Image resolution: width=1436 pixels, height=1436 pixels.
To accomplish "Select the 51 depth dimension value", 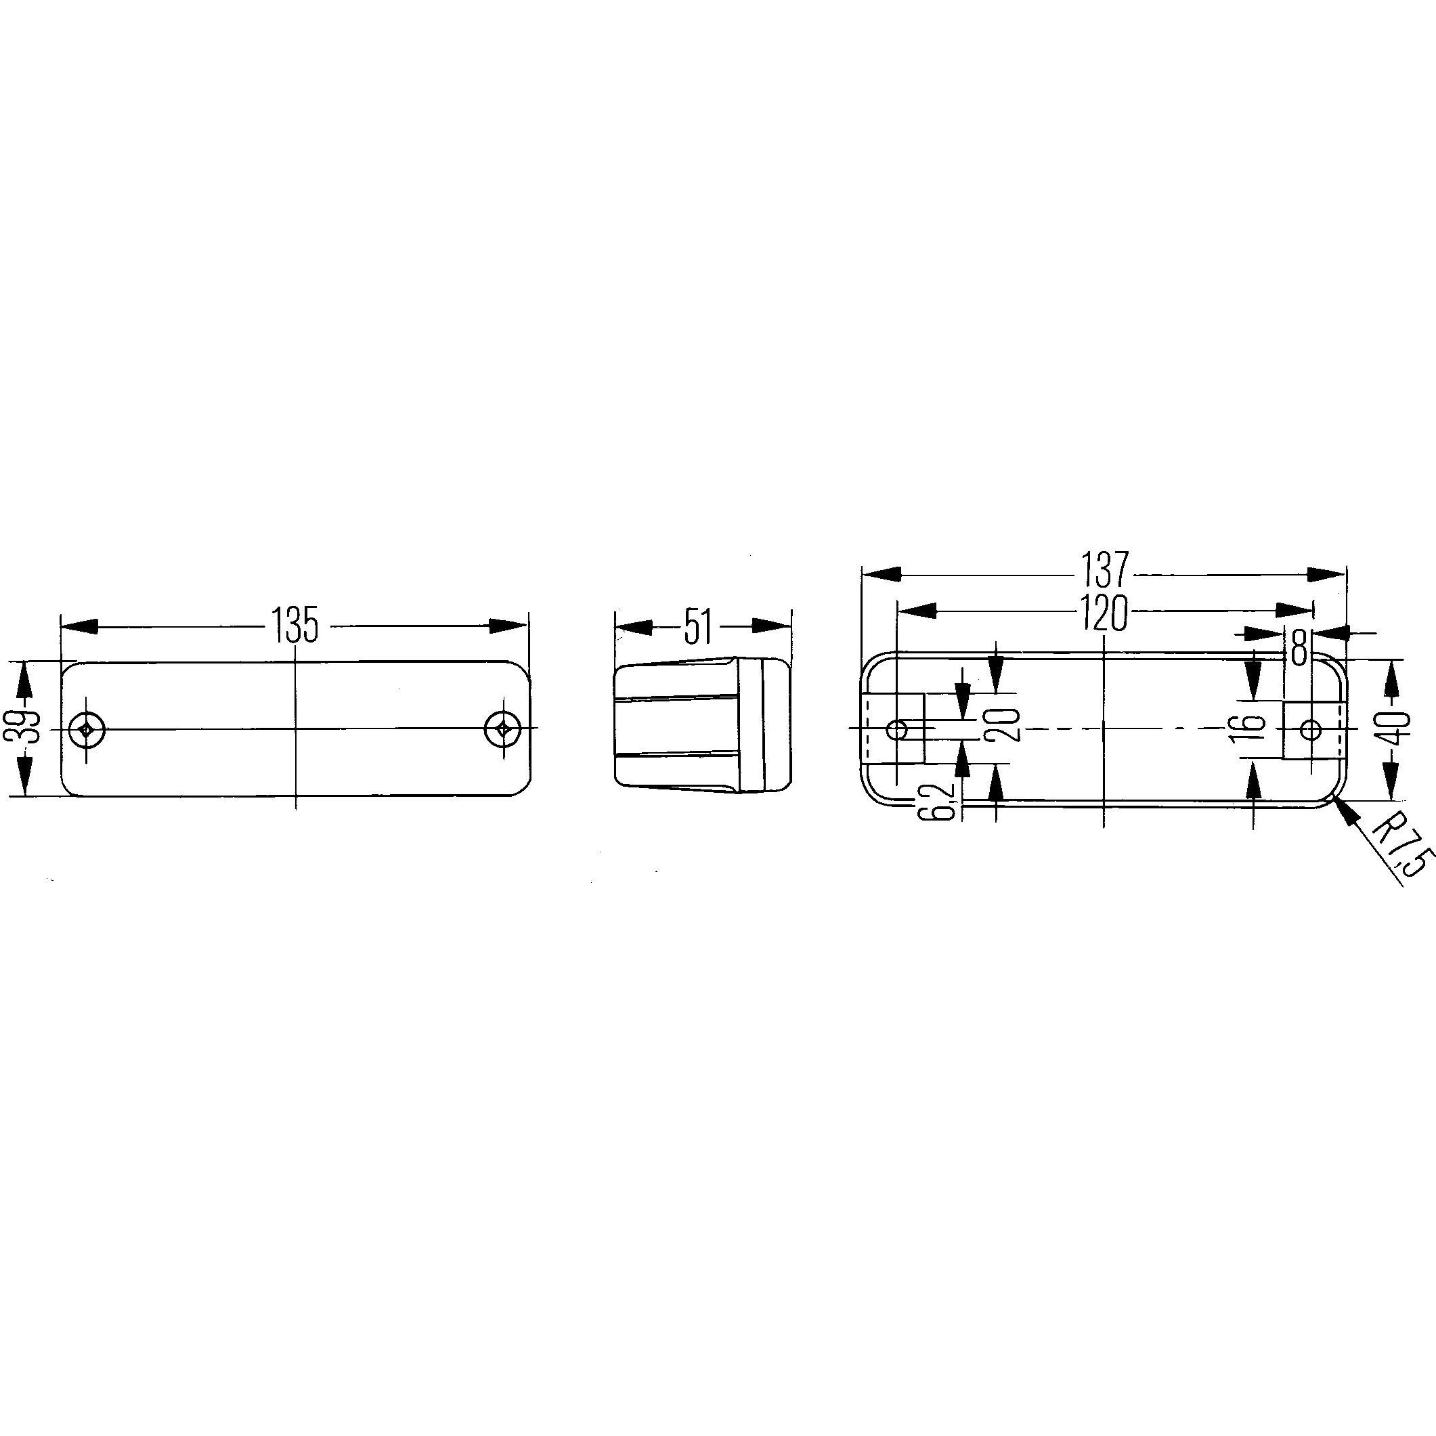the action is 698,626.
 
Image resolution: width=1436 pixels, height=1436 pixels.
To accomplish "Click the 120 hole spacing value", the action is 1104,613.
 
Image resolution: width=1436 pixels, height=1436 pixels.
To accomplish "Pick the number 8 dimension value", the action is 1299,647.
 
